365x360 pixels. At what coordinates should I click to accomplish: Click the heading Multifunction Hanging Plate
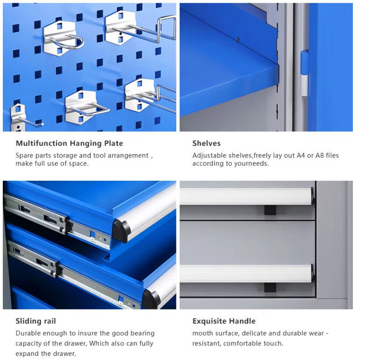tap(69, 143)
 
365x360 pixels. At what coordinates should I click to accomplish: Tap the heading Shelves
tap(206, 143)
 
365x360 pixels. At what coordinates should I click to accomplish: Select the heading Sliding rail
tap(35, 321)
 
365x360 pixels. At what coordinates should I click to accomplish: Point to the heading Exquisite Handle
tap(224, 321)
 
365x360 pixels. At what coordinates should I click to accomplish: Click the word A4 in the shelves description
tap(302, 155)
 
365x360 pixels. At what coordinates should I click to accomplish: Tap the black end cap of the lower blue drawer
tap(150, 299)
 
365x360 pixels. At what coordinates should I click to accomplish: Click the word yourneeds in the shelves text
tap(253, 164)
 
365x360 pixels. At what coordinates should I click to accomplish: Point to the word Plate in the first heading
tap(113, 143)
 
